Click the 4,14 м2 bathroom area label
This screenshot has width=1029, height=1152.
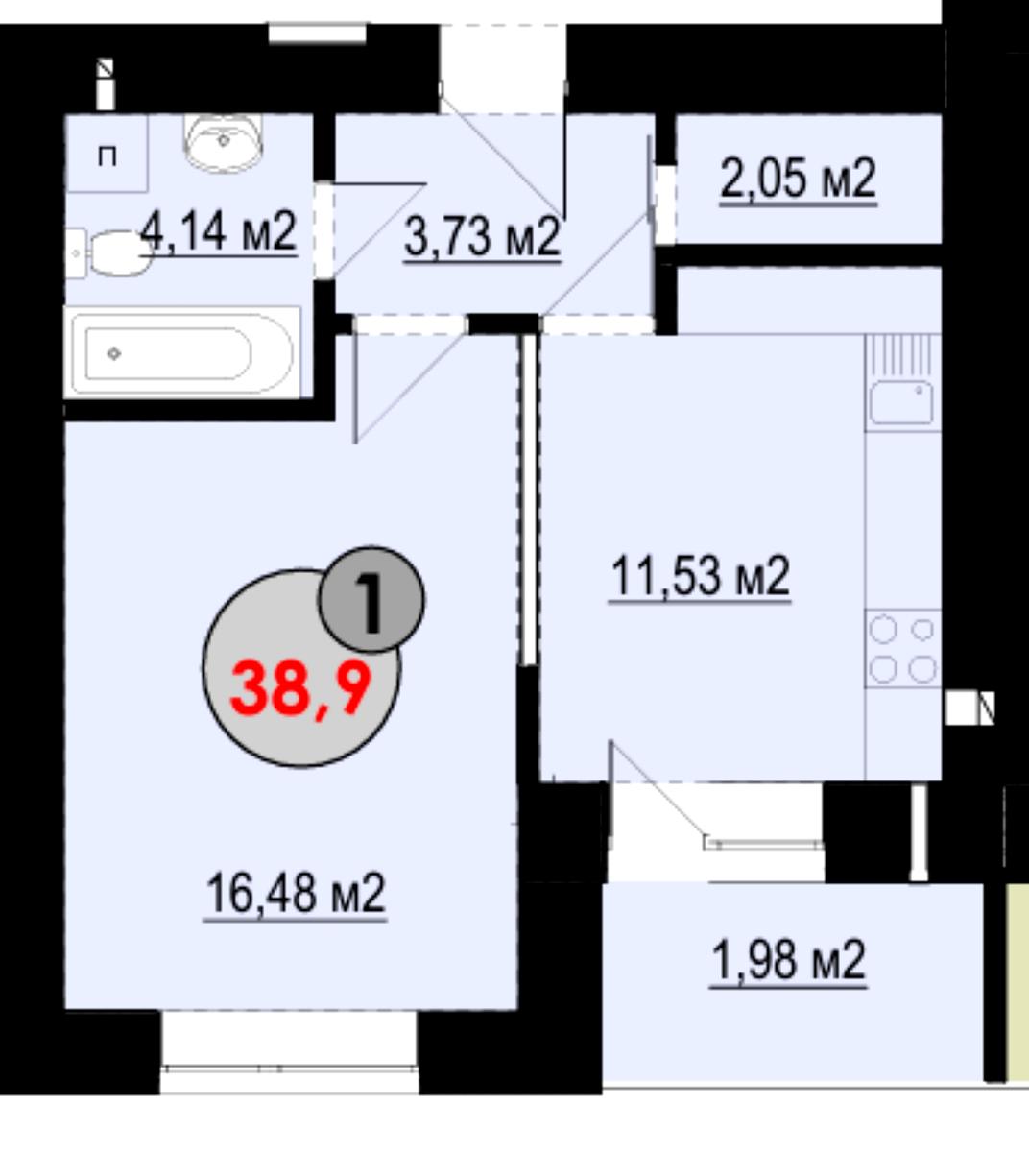(x=219, y=232)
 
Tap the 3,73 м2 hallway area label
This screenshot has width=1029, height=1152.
(x=482, y=237)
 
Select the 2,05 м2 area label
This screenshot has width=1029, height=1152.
(x=798, y=180)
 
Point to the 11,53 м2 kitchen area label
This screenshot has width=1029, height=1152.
(x=700, y=577)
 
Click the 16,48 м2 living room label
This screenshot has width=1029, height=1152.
(x=296, y=894)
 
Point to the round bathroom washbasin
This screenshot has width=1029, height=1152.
(x=224, y=142)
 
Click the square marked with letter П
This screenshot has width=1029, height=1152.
(x=107, y=156)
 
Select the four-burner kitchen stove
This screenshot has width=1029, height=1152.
(x=902, y=649)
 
